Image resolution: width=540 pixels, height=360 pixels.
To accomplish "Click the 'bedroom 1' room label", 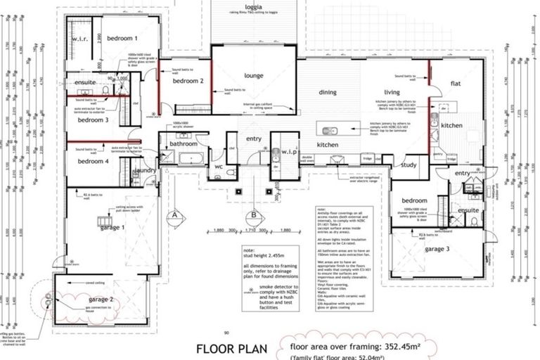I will [122, 38].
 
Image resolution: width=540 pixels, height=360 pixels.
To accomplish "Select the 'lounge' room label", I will [254, 75].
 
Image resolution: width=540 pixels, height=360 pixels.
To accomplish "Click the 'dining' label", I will [328, 92].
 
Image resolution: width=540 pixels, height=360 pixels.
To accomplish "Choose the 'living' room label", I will [392, 92].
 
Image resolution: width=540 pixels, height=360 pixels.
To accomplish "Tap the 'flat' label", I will [456, 84].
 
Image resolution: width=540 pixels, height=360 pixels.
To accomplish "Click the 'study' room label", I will [409, 165].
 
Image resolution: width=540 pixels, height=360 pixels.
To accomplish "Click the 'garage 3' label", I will [437, 248].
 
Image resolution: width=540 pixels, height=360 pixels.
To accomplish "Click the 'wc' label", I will [218, 166].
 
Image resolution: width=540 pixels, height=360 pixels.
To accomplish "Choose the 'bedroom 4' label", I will [93, 162].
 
